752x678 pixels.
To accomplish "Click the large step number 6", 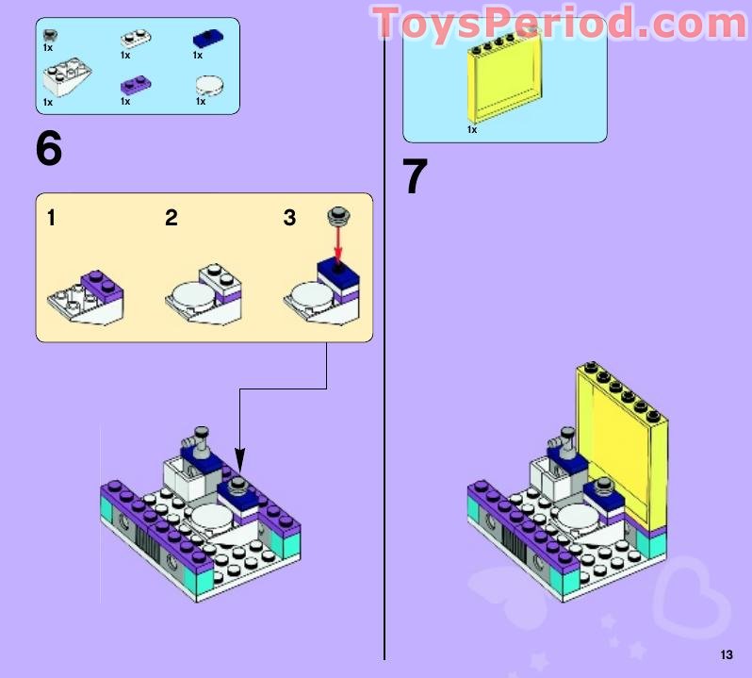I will coord(49,148).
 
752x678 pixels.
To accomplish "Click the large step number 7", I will coord(415,176).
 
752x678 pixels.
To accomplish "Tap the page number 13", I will coord(726,655).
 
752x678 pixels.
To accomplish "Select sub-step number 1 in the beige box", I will coord(51,219).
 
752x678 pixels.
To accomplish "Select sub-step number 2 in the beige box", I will coord(171,219).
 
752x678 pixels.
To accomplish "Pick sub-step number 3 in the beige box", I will coord(289,219).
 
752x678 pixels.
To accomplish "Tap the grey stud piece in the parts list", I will coord(50,36).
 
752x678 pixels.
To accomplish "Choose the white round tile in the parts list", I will coord(211,86).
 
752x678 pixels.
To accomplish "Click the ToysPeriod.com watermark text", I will coord(561,23).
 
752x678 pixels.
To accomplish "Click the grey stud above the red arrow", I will coord(337,216).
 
